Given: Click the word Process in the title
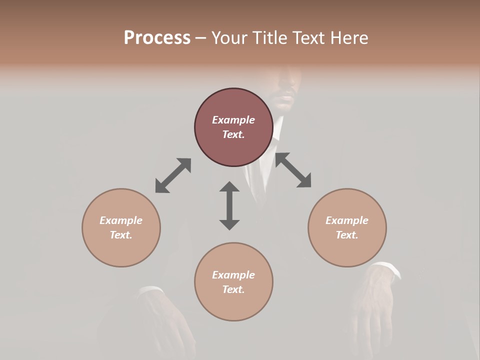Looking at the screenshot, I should tap(157, 37).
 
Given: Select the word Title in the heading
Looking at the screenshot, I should tap(270, 37).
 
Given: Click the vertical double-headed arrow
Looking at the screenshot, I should tap(229, 205).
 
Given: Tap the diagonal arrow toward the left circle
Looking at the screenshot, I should tap(173, 175).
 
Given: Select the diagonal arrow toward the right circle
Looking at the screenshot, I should tap(293, 170).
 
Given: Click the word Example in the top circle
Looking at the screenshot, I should tap(233, 120).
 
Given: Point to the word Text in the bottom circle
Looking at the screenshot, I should tap(233, 289).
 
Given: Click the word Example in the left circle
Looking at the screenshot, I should tap(121, 220).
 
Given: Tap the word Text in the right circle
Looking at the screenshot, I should tap(347, 235).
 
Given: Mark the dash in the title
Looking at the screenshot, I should tap(201, 38).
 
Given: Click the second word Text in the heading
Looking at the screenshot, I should tap(308, 37).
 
